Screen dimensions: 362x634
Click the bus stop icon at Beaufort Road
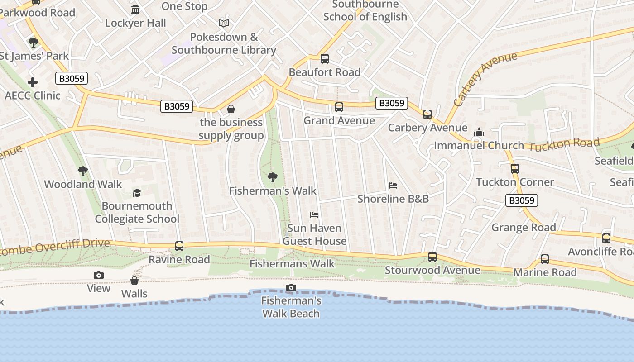click(324, 58)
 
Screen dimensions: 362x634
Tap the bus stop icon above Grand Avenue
click(339, 107)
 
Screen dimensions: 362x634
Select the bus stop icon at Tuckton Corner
click(514, 169)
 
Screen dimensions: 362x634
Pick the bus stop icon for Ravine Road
click(179, 246)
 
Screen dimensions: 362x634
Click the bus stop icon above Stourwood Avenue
click(432, 257)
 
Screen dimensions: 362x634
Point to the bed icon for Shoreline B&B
click(393, 186)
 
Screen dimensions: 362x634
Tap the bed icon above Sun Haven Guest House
click(314, 214)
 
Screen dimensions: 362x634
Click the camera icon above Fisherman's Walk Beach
click(291, 288)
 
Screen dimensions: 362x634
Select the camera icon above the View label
click(99, 275)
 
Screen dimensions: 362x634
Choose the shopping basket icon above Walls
click(134, 281)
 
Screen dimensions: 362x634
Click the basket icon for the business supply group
click(231, 109)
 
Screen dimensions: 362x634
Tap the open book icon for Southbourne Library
click(224, 23)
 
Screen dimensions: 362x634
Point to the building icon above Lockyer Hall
click(135, 10)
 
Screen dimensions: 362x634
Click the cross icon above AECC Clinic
click(33, 82)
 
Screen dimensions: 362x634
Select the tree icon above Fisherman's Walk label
click(273, 177)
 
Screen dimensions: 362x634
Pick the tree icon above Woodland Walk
click(83, 171)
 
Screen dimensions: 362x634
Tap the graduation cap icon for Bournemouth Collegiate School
click(137, 193)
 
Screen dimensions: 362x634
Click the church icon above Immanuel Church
click(479, 132)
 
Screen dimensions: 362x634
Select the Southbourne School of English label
click(365, 11)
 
